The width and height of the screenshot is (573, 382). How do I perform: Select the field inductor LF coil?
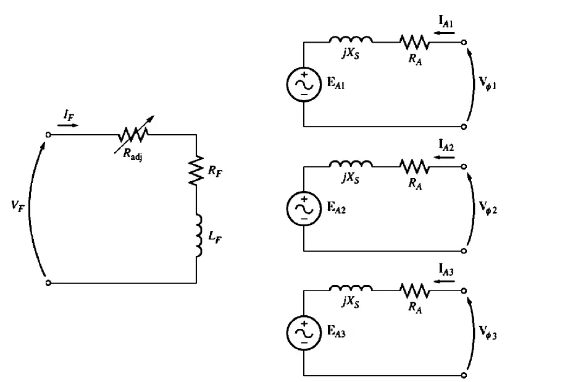(198, 235)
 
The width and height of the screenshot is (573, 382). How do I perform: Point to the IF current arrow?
(68, 125)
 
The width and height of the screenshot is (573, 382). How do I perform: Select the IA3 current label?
(446, 269)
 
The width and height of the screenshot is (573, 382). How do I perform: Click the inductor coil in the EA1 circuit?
(351, 40)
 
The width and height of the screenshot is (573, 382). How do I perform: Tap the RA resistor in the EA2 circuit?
(414, 166)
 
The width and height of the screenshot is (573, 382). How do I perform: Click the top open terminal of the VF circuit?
(48, 134)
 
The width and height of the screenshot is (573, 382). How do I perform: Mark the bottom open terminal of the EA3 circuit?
(464, 375)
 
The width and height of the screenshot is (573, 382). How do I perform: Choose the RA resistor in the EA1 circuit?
(414, 42)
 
